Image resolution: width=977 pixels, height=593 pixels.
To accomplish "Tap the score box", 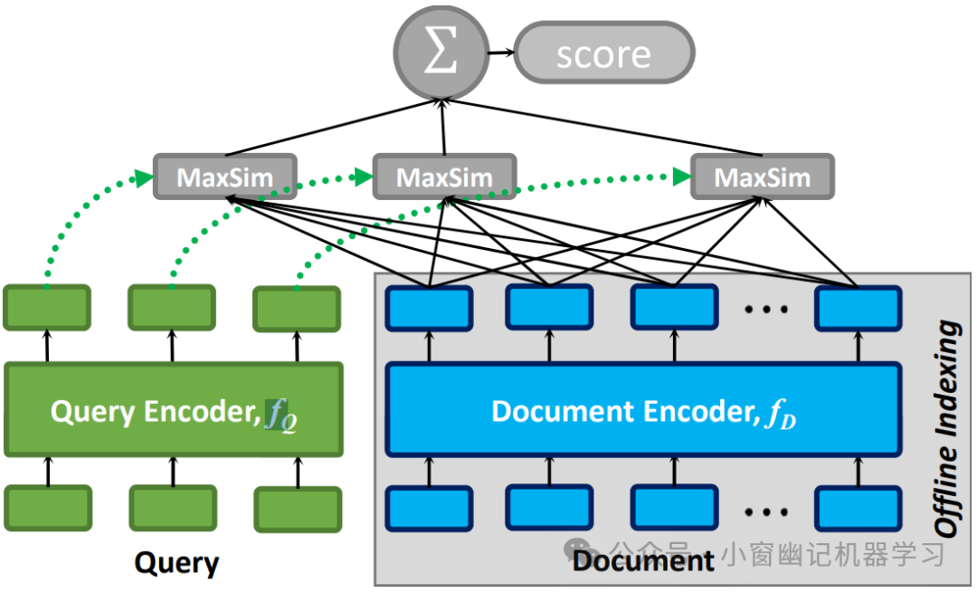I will click(604, 53).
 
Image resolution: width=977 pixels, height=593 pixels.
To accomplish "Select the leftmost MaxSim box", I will click(224, 177).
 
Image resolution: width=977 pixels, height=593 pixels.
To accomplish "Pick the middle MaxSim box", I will click(444, 177).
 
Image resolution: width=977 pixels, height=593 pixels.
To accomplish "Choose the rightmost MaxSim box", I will click(763, 177).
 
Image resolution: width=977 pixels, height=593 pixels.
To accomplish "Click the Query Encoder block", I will click(174, 410).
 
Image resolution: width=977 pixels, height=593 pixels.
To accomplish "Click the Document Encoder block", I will click(643, 410).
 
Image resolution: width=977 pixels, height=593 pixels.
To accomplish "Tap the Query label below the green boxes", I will click(176, 563).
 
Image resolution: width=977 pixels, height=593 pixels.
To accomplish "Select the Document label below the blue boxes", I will click(643, 561).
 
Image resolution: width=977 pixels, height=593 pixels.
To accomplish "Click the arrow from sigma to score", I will click(498, 53).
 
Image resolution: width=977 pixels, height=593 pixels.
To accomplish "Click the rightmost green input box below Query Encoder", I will click(298, 509).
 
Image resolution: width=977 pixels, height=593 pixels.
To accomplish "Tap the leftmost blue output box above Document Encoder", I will click(429, 309).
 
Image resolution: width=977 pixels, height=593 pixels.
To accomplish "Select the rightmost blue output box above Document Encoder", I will click(858, 309).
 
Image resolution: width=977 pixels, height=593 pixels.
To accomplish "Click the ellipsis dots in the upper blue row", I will click(766, 310).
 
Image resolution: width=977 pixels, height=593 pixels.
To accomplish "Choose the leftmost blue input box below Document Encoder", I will click(429, 509).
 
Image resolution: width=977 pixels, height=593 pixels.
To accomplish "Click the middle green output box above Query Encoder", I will click(171, 308).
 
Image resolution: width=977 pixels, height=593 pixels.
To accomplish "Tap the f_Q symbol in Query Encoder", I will click(280, 414).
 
